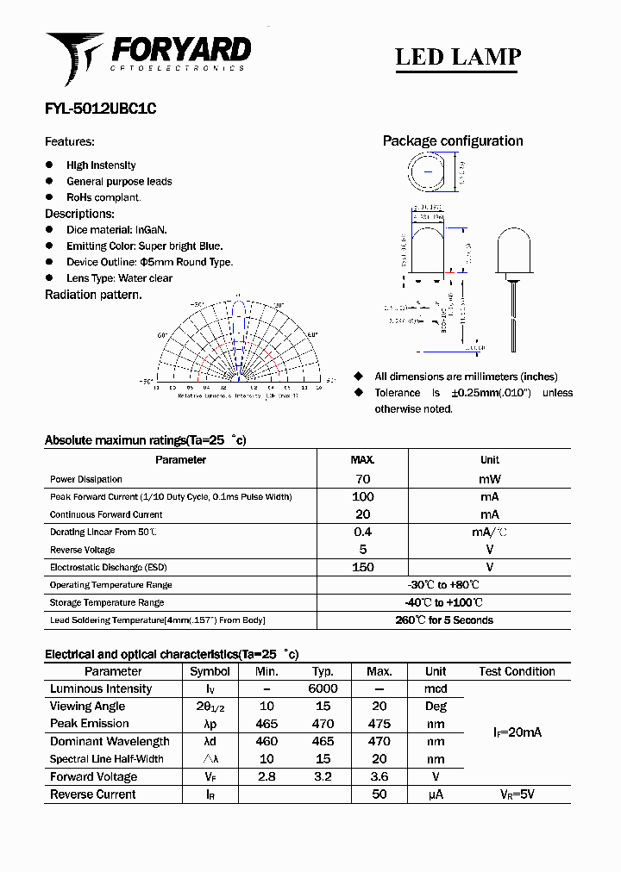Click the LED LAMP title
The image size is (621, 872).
click(x=457, y=57)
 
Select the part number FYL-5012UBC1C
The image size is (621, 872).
click(x=100, y=109)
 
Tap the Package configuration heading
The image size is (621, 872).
click(x=452, y=141)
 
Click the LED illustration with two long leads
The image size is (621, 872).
click(x=514, y=284)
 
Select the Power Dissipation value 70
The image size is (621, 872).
click(x=363, y=479)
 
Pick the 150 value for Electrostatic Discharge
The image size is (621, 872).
click(x=363, y=567)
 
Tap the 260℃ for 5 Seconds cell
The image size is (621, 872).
click(x=443, y=620)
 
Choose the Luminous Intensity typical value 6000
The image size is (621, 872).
click(x=323, y=689)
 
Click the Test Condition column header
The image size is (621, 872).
click(x=517, y=671)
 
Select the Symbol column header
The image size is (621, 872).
click(x=210, y=671)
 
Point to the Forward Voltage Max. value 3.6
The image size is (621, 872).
click(x=379, y=777)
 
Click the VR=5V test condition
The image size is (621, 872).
click(x=517, y=794)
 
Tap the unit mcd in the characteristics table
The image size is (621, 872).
click(x=436, y=689)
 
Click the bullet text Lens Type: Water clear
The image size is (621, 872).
click(x=119, y=278)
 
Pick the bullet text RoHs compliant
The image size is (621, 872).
click(x=103, y=197)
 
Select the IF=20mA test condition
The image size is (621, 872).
click(x=517, y=732)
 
